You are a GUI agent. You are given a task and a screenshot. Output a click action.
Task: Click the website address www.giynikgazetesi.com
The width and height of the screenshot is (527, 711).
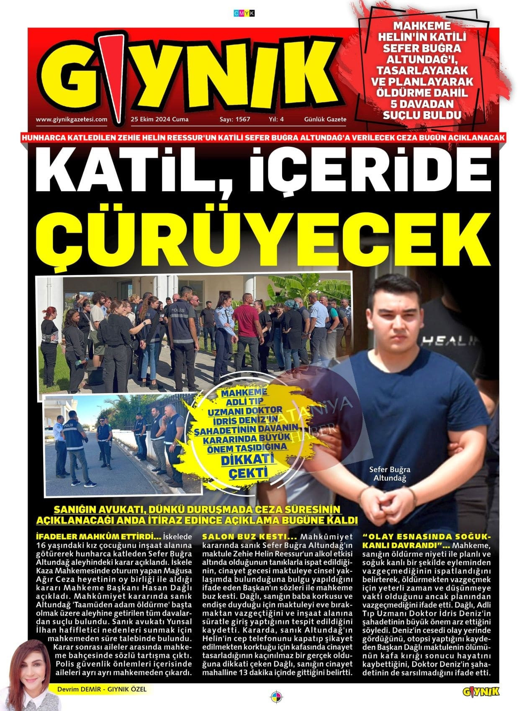[72, 119]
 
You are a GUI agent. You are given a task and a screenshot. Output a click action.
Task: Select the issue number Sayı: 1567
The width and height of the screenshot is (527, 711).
[235, 119]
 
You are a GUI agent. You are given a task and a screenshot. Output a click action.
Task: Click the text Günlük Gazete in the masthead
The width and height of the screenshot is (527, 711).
[325, 119]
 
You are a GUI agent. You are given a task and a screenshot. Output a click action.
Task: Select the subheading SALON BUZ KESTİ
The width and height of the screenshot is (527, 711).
[249, 537]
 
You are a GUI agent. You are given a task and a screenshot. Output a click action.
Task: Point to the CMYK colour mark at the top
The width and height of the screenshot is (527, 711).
[244, 13]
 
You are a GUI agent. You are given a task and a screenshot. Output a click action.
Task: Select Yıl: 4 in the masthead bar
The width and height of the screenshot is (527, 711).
[276, 119]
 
